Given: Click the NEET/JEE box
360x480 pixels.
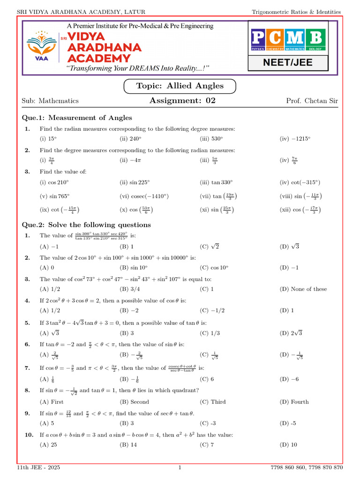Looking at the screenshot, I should tap(288, 62).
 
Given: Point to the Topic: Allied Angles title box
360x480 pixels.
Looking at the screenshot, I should tap(180, 86).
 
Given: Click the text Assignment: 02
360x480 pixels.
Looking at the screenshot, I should tap(182, 100).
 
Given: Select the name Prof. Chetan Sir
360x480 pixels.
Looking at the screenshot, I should tap(311, 101).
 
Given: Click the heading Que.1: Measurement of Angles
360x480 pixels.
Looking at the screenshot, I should tap(77, 118).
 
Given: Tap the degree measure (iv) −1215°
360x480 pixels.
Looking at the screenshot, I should tap(295, 139).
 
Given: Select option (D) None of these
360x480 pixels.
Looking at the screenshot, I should tap(303, 289).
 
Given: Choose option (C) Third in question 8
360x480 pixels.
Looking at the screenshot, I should tap(212, 402).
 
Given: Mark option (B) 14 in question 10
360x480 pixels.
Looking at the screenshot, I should tap(128, 445).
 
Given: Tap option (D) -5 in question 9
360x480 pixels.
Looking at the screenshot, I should tap(288, 423).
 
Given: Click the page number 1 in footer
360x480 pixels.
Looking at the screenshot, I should tap(180, 468).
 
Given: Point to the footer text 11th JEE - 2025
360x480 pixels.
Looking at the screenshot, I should tap(38, 468).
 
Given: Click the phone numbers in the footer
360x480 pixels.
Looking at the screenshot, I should tap(307, 468).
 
